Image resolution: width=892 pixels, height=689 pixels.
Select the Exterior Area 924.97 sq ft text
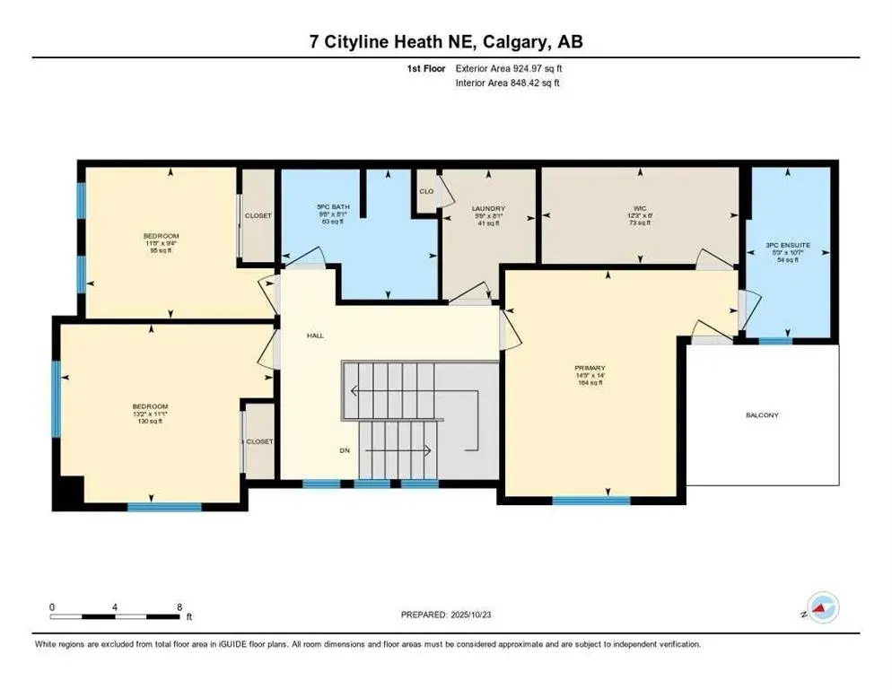click(510, 68)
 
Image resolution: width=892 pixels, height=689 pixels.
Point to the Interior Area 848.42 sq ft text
click(510, 83)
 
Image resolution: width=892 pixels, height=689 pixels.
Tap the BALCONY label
click(762, 415)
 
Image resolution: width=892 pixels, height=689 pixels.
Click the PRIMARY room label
click(590, 368)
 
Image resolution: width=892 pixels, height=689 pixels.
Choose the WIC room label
click(639, 207)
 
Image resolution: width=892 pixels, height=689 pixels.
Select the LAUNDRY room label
click(489, 208)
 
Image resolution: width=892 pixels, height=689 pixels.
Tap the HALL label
click(314, 336)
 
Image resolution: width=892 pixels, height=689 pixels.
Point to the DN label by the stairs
click(345, 450)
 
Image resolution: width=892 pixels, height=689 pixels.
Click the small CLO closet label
click(426, 191)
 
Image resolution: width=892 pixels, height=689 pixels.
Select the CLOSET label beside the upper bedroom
click(258, 216)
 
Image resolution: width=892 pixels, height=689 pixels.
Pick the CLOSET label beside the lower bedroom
click(259, 441)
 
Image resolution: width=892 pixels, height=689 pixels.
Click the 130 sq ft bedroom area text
click(151, 423)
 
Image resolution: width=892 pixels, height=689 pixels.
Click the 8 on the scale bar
click(179, 607)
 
